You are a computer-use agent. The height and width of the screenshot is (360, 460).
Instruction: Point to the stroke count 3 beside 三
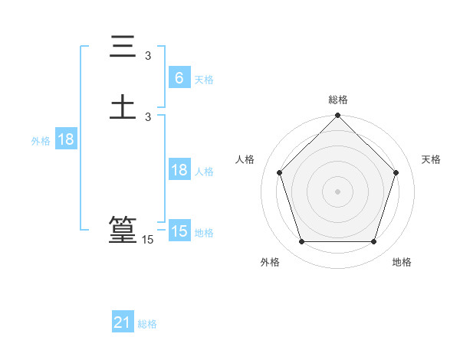[148, 55]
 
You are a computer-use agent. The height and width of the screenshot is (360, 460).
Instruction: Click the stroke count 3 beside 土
[148, 116]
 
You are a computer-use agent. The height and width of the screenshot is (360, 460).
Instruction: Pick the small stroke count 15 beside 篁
[148, 240]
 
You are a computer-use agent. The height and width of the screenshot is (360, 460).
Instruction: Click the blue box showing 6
[179, 78]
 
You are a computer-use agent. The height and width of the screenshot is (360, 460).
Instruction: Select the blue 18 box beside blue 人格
[179, 170]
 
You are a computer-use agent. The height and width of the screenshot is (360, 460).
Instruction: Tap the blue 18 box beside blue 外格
[65, 139]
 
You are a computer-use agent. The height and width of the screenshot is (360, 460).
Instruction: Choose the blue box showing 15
[179, 231]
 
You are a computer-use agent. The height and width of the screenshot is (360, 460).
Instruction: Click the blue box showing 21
[122, 323]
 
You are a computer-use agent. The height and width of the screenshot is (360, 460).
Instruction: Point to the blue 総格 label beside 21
[147, 324]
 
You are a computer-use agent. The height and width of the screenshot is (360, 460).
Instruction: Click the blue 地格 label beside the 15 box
[204, 233]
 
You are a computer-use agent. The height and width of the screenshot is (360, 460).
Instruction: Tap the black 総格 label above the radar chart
[338, 100]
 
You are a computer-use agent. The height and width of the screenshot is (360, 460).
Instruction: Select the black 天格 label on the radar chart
[431, 159]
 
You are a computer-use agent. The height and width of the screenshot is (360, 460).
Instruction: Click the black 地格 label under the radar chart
[402, 263]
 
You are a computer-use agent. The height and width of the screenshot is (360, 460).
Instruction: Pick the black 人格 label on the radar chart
[245, 159]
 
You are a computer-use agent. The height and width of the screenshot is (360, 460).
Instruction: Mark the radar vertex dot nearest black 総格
[338, 116]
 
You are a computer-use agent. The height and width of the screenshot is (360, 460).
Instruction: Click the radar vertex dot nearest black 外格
[301, 242]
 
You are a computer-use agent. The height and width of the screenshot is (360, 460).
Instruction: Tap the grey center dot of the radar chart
[338, 191]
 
